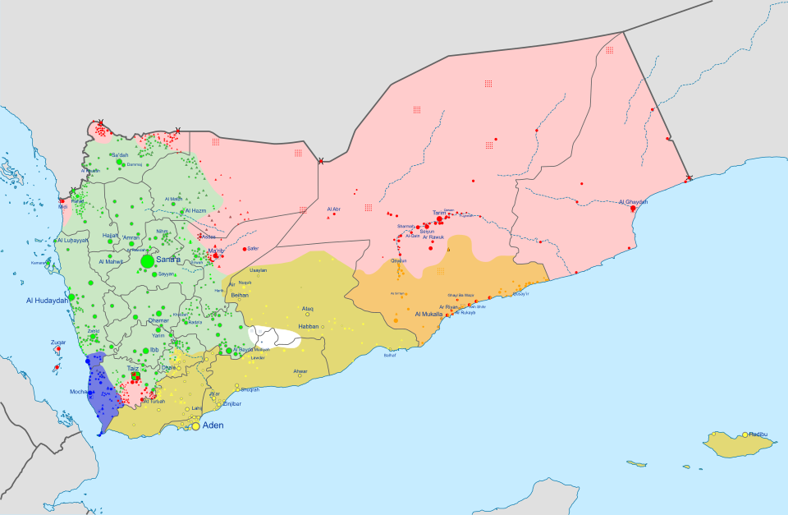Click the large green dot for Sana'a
(147, 261)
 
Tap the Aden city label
(213, 425)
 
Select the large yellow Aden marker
(195, 426)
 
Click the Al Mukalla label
(428, 315)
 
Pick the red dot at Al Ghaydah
(632, 209)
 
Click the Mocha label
(79, 393)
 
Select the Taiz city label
(132, 370)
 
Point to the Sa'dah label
(119, 155)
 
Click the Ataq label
(308, 309)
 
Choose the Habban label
(308, 326)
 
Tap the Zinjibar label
(231, 403)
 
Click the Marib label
(216, 250)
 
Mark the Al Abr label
(333, 209)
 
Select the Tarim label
(439, 213)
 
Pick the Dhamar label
(158, 320)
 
